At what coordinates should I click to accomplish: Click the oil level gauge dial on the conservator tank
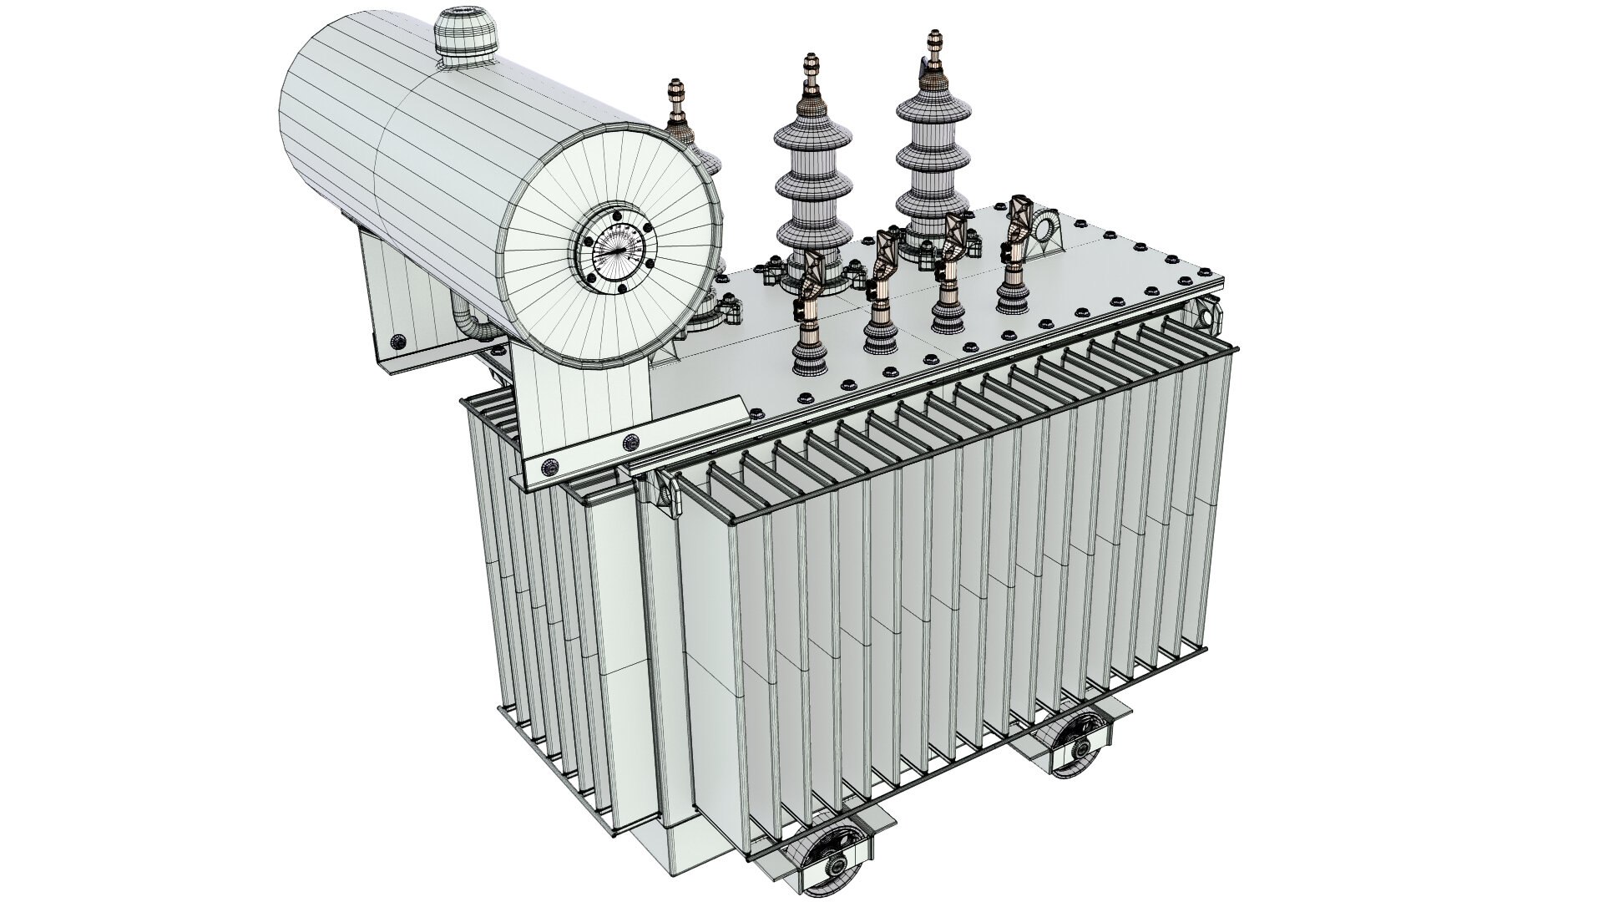pos(616,250)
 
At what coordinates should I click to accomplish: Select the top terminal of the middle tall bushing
pos(808,67)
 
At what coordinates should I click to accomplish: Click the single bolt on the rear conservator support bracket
pos(398,341)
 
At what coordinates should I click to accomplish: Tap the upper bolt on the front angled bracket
pos(632,441)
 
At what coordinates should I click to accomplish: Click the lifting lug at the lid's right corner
pos(1206,318)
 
